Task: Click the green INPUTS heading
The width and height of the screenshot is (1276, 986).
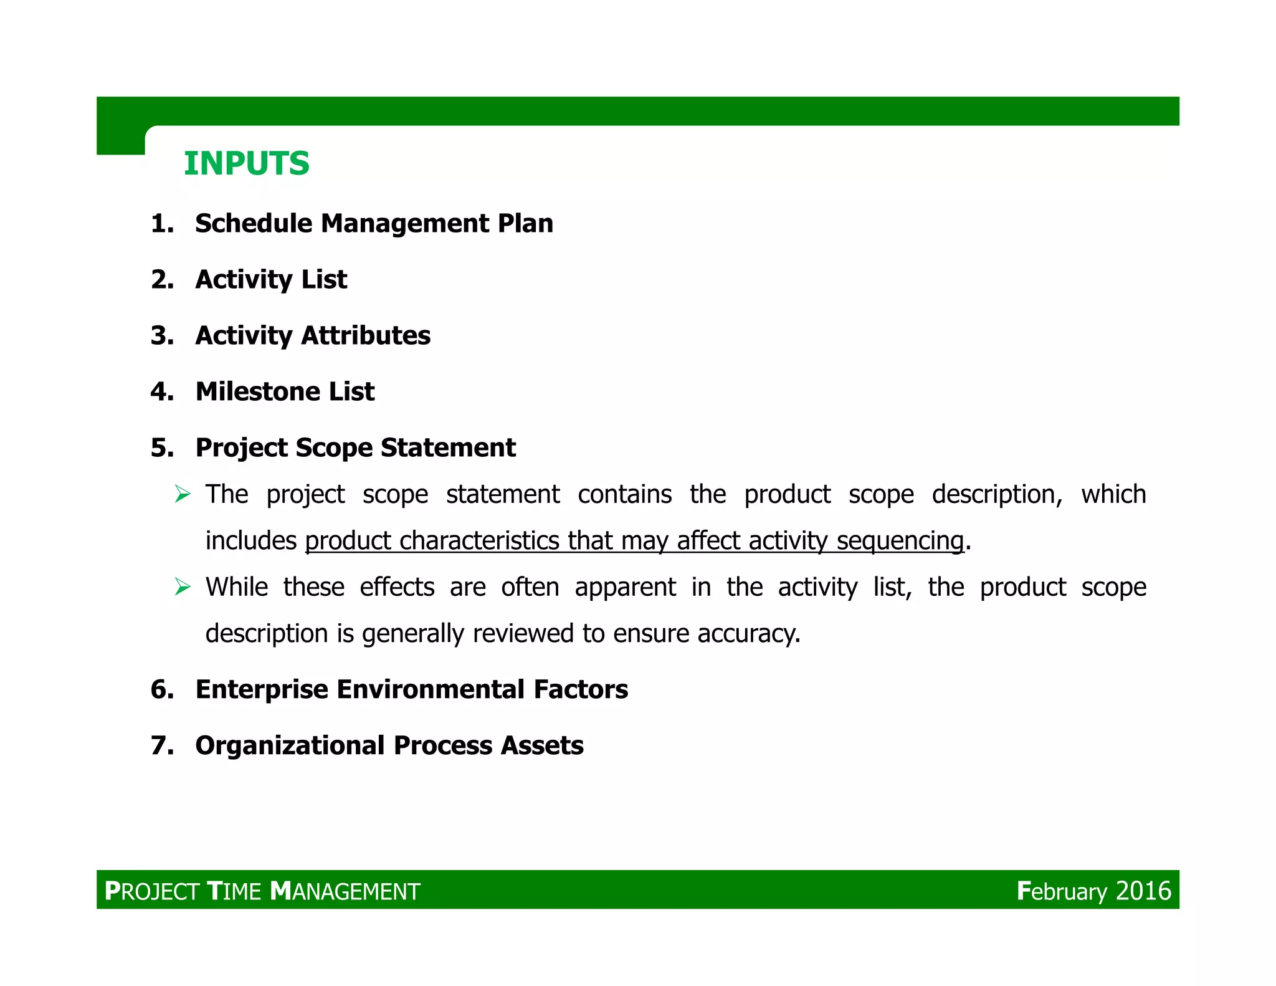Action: pyautogui.click(x=246, y=164)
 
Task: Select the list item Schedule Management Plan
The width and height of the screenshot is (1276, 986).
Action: pyautogui.click(x=374, y=223)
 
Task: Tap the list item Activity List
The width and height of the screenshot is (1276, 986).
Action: pyautogui.click(x=271, y=279)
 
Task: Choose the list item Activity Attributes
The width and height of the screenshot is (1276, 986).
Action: pyautogui.click(x=313, y=335)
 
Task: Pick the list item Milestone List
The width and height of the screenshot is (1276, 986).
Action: pyautogui.click(x=285, y=391)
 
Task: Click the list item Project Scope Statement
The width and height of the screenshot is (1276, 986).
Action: pyautogui.click(x=355, y=448)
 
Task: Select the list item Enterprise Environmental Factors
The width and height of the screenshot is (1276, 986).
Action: pyautogui.click(x=411, y=689)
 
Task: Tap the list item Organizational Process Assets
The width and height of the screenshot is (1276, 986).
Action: pyautogui.click(x=389, y=745)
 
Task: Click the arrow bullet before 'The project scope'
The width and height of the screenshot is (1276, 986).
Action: pyautogui.click(x=182, y=495)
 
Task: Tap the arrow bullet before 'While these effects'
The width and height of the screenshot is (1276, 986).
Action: pyautogui.click(x=182, y=587)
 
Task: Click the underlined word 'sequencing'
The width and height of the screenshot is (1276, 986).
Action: pyautogui.click(x=900, y=541)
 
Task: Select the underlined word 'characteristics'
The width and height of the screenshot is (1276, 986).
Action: pyautogui.click(x=479, y=541)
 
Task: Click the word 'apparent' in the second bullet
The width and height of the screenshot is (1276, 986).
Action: pyautogui.click(x=625, y=587)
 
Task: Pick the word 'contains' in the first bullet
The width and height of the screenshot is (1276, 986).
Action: pyautogui.click(x=624, y=495)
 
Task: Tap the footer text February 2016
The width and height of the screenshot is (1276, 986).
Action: pyautogui.click(x=1093, y=891)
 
